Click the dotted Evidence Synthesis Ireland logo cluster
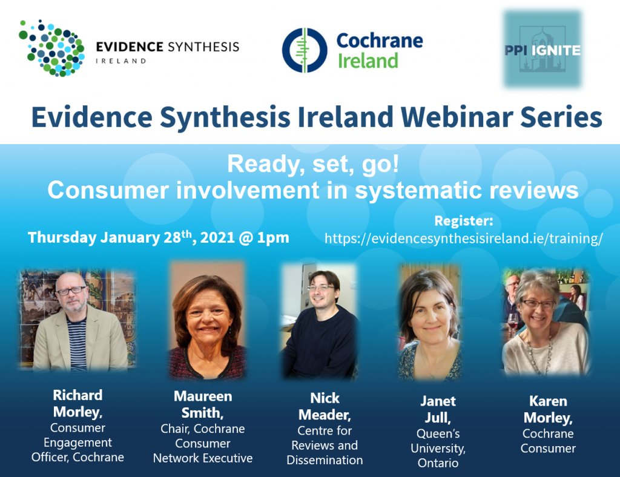click(52, 48)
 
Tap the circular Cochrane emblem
click(305, 50)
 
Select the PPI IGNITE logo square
click(542, 49)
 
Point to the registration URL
click(464, 238)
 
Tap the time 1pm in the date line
click(273, 238)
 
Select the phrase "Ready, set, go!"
click(313, 164)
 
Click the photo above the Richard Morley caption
click(77, 320)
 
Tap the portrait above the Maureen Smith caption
click(207, 320)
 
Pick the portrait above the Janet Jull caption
click(430, 323)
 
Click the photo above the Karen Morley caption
click(546, 321)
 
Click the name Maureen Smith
click(203, 404)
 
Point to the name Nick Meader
click(325, 406)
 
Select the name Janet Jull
click(438, 409)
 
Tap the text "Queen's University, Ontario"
click(438, 448)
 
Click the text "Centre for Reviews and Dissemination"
click(325, 446)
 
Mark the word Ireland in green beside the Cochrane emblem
click(368, 61)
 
